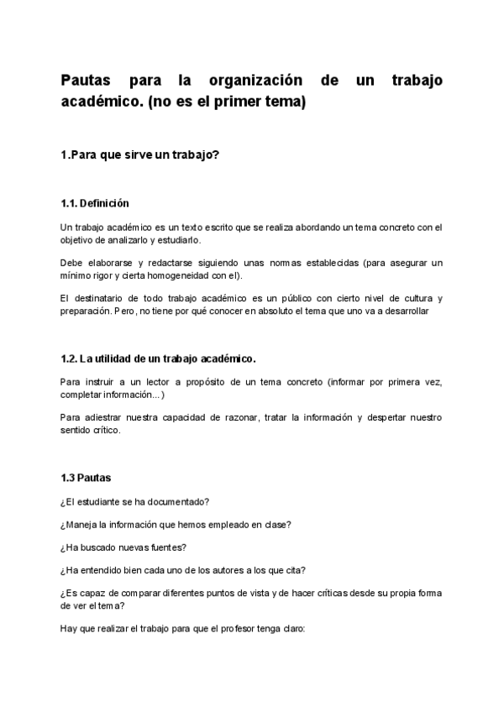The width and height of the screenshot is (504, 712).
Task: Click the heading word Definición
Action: point(105,203)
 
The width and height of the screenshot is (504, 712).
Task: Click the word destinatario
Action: point(102,299)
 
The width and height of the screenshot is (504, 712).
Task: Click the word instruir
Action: point(102,381)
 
